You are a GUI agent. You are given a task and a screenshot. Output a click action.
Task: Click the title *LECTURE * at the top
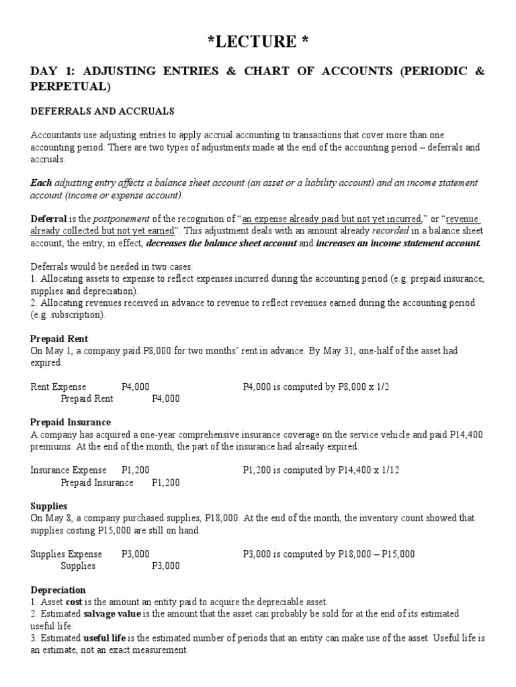[258, 42]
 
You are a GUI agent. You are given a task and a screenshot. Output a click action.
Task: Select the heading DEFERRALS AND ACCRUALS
[103, 111]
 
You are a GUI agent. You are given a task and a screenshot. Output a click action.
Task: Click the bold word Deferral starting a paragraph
[48, 219]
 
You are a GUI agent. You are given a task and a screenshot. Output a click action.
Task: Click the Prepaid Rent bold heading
[59, 339]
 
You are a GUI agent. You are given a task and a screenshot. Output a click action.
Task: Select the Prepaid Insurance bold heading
[71, 422]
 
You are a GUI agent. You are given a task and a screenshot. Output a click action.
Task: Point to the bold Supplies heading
[49, 506]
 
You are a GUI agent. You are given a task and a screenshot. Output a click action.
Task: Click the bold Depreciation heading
[58, 589]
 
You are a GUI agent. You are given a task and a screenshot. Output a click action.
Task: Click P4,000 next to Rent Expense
[136, 386]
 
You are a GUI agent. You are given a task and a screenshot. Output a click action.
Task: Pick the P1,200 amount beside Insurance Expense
[136, 470]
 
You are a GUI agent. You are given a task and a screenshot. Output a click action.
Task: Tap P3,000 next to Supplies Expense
[136, 553]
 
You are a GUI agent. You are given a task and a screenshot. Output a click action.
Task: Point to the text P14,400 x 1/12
[363, 470]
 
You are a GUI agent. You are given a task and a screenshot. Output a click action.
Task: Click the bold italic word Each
[41, 183]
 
